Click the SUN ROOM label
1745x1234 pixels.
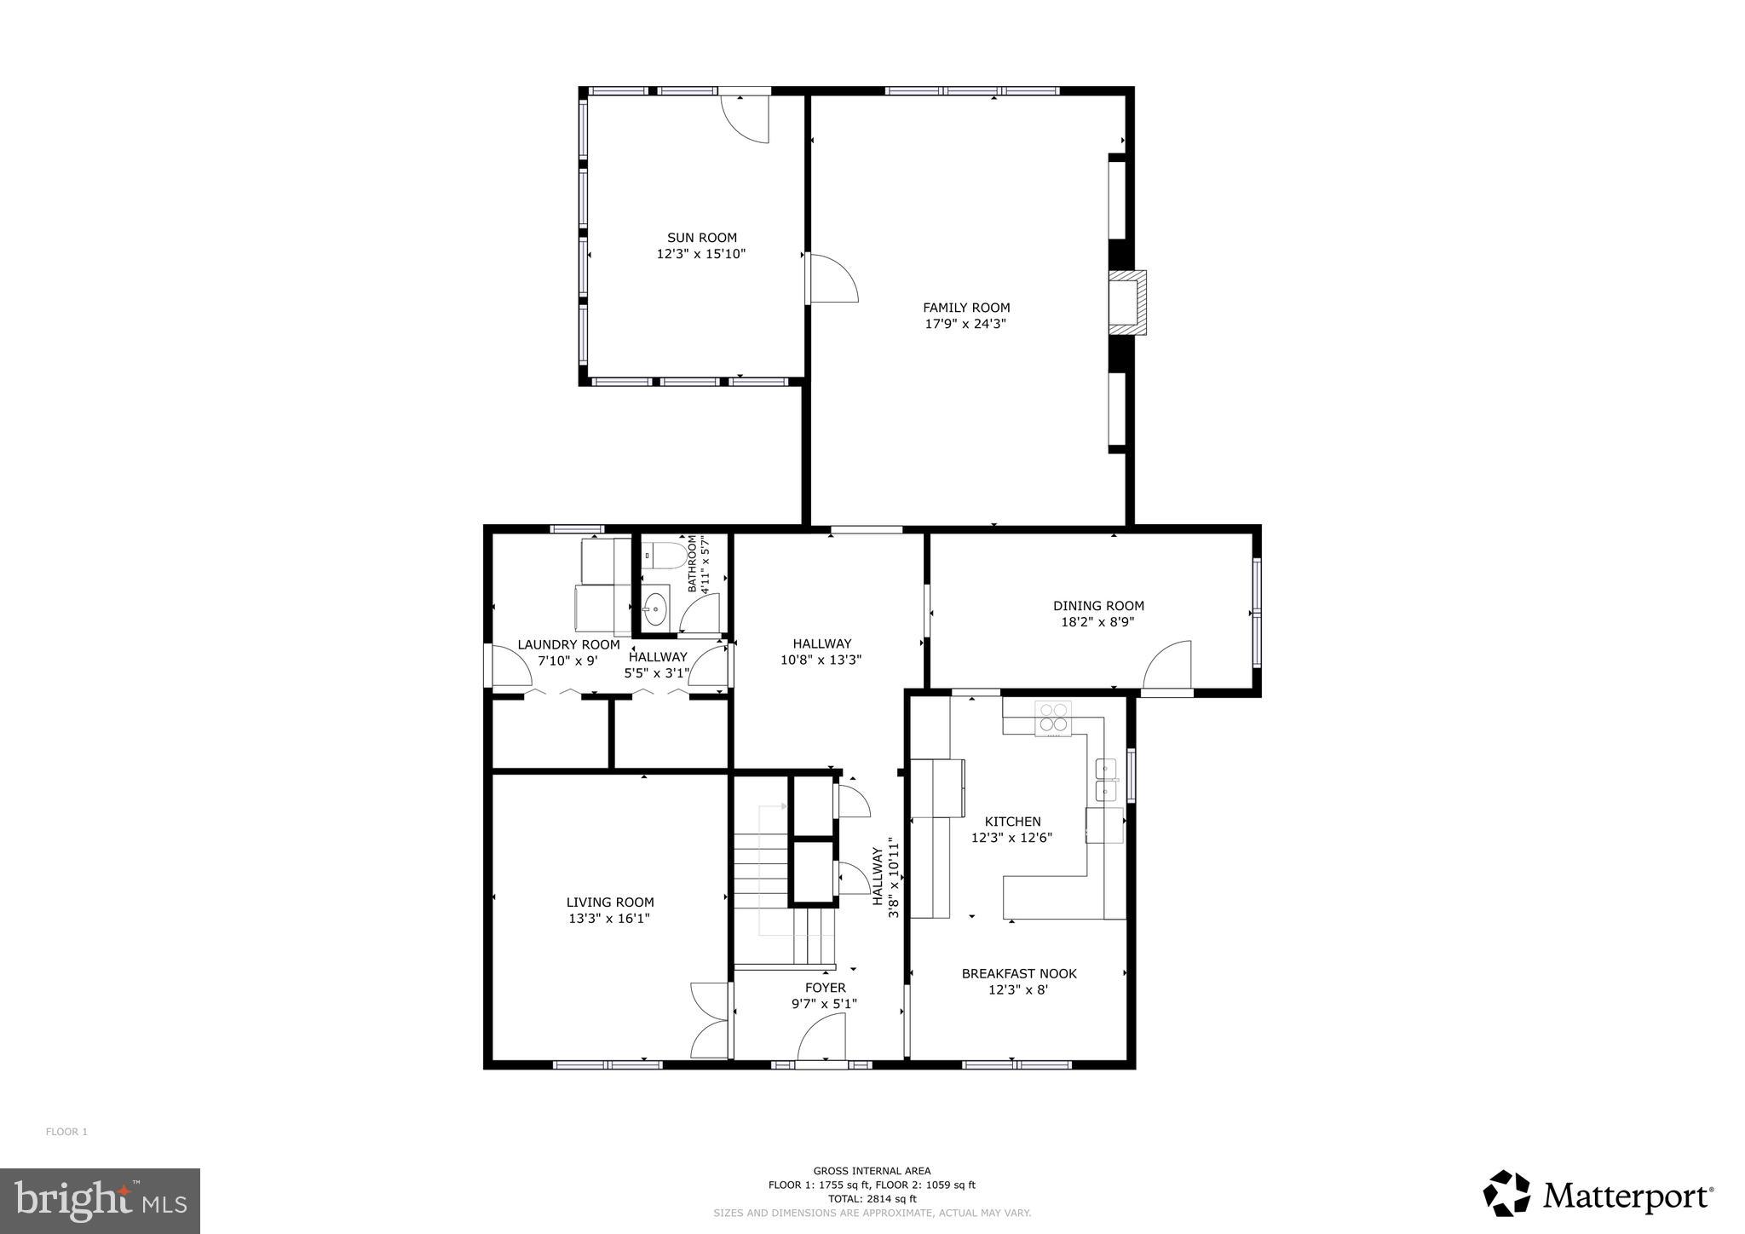[701, 238]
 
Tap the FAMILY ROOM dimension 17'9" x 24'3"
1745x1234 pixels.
[966, 324]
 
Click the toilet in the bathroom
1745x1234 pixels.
[665, 556]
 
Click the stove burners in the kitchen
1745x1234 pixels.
[1053, 718]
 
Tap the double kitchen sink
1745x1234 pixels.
[1106, 780]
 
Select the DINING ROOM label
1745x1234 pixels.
[1098, 606]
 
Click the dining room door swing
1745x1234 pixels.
[1169, 666]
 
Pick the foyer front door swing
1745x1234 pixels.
[823, 1038]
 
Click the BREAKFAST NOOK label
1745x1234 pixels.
[1019, 973]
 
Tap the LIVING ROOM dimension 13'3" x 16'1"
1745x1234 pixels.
[609, 919]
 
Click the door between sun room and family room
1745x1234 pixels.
[832, 279]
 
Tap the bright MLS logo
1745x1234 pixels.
[100, 1201]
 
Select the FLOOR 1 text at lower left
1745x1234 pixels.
[66, 1132]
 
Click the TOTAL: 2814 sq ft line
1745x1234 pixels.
[872, 1198]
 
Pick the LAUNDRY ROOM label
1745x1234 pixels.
[568, 645]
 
